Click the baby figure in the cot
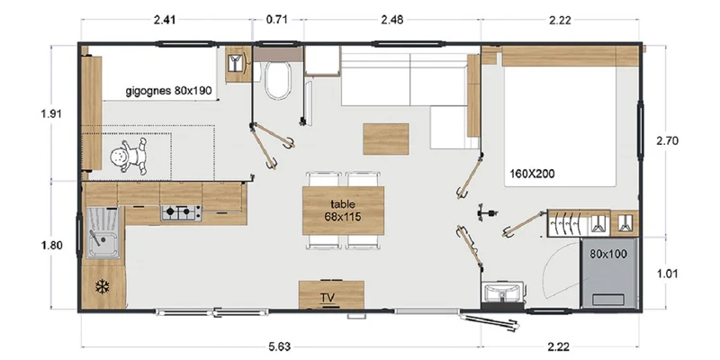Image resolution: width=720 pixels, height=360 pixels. click(129, 156)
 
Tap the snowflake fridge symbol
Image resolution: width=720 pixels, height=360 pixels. click(102, 287)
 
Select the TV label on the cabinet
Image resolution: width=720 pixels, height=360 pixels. click(328, 298)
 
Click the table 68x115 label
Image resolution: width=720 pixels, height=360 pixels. click(343, 211)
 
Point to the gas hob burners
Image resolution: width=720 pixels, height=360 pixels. click(181, 212)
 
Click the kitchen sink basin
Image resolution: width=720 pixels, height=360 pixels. click(103, 232)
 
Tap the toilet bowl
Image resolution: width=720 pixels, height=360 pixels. click(278, 80)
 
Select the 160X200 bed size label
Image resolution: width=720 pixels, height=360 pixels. click(532, 174)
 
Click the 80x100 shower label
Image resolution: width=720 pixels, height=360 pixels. click(608, 254)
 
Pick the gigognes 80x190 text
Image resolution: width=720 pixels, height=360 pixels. click(168, 91)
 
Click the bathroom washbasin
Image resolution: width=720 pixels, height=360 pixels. click(503, 292)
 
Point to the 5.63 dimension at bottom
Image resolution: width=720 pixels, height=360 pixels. click(280, 346)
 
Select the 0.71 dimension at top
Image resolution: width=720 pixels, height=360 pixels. click(277, 19)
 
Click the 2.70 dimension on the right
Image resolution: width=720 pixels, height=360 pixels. click(667, 140)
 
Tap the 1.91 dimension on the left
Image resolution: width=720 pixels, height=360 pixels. click(51, 114)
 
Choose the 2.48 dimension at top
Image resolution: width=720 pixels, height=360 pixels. click(392, 19)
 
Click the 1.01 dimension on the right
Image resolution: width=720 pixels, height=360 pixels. click(667, 274)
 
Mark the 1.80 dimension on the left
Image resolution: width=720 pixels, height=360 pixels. click(51, 245)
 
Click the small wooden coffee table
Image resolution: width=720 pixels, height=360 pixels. click(386, 139)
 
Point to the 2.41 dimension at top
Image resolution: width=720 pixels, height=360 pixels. click(165, 19)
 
